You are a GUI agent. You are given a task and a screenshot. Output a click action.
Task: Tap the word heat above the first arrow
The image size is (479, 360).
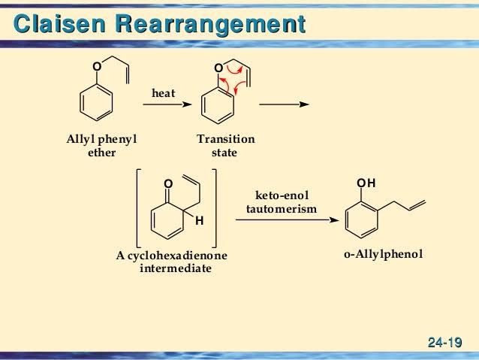pyautogui.click(x=164, y=93)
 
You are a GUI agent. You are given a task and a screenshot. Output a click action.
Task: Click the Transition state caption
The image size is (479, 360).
pyautogui.click(x=225, y=146)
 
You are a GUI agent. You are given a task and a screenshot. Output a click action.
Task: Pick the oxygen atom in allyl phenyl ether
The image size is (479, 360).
pyautogui.click(x=95, y=68)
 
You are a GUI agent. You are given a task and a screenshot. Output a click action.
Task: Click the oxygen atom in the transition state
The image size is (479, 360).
pyautogui.click(x=218, y=68)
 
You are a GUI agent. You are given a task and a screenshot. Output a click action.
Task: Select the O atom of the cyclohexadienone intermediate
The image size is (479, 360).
pyautogui.click(x=167, y=183)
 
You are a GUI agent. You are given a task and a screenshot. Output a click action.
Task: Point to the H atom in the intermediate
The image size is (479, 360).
pyautogui.click(x=199, y=221)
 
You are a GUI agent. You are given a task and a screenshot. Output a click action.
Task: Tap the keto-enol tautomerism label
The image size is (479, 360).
pyautogui.click(x=282, y=201)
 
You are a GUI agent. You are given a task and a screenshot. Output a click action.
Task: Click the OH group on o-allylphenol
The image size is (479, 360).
pyautogui.click(x=366, y=183)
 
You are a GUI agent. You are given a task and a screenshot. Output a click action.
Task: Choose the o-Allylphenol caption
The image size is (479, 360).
pyautogui.click(x=383, y=255)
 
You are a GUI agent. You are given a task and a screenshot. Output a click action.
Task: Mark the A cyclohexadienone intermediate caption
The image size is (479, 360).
pyautogui.click(x=172, y=262)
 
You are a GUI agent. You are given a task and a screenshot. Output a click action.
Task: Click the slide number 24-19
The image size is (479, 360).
pyautogui.click(x=444, y=343)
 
